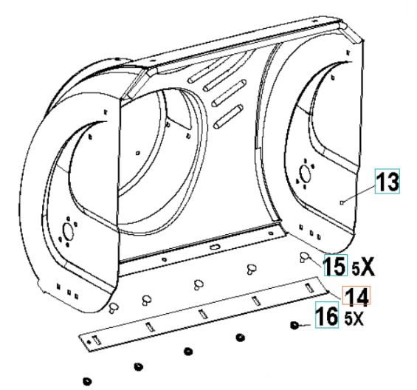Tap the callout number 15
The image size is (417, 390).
point(334,264)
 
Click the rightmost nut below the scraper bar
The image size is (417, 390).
point(294,326)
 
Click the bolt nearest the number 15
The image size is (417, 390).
point(305,258)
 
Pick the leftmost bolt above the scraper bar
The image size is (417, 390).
point(113,305)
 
